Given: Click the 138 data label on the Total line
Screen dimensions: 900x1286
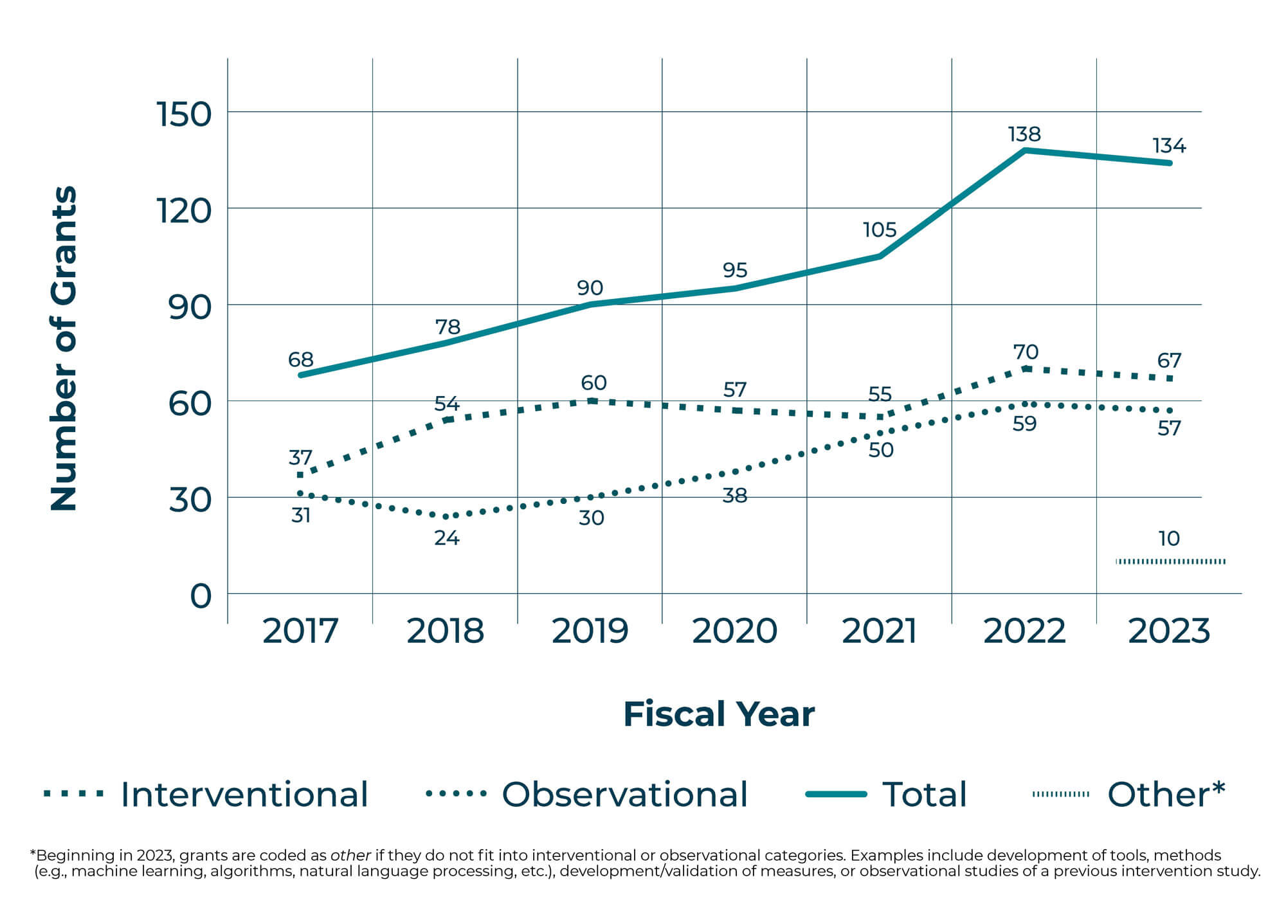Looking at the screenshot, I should (1024, 134).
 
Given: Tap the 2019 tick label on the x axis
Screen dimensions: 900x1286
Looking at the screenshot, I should (590, 631).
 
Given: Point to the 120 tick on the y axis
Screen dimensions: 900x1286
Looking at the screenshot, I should (184, 210).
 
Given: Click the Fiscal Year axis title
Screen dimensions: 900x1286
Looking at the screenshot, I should (719, 714).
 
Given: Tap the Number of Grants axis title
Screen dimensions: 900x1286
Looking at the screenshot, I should (64, 348).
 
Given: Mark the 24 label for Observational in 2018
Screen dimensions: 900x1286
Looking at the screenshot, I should (447, 537).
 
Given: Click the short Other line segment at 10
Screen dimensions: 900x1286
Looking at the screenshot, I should (1170, 562).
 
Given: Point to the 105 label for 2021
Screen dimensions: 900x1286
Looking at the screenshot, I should (880, 230).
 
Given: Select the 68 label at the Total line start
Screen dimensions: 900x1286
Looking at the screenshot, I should (301, 359).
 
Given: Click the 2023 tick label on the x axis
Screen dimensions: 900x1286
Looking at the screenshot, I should (1169, 631).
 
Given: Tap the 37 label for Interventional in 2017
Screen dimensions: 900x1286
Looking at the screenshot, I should (300, 458).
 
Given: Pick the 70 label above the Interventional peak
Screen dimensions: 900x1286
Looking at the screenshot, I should (1026, 352).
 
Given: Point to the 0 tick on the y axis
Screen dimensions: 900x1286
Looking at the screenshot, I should (201, 596).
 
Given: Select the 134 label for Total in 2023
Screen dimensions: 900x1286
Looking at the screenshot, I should (1169, 146).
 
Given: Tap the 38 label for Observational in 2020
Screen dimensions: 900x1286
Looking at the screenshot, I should (735, 496).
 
